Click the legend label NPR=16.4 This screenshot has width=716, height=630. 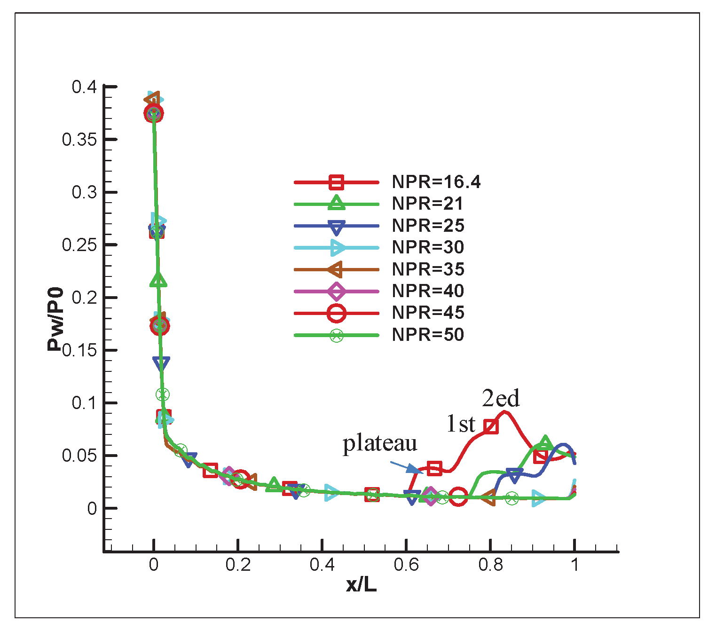(x=436, y=182)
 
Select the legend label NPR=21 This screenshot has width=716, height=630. (x=427, y=204)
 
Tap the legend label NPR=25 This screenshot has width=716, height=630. (x=428, y=226)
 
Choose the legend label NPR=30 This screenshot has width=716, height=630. (x=428, y=247)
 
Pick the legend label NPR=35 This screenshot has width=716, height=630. (x=428, y=269)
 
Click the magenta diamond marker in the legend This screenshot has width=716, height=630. (x=337, y=291)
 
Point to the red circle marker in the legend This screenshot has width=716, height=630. (x=337, y=313)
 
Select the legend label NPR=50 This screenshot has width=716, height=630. (x=428, y=335)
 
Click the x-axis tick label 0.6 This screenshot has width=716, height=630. (x=406, y=565)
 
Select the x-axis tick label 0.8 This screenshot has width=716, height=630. (x=490, y=565)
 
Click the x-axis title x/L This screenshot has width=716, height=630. (x=362, y=584)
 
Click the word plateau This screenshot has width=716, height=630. (x=380, y=443)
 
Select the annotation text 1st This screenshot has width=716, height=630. (x=461, y=424)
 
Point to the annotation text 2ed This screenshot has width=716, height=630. (x=501, y=399)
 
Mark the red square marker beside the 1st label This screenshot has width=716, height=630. (x=491, y=426)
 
